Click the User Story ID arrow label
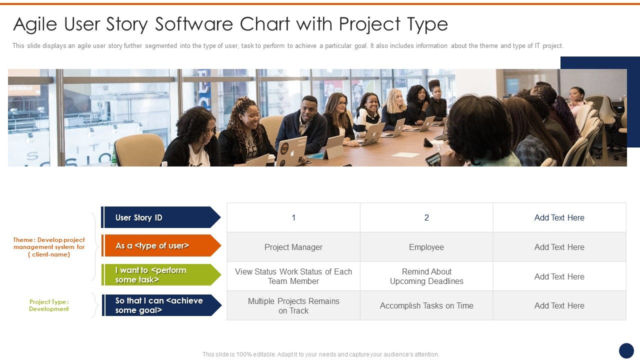(x=160, y=217)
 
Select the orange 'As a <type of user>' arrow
(x=160, y=246)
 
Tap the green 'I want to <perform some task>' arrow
(x=160, y=275)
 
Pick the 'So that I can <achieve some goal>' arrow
(x=160, y=305)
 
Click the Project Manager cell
(x=293, y=247)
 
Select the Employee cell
(x=426, y=247)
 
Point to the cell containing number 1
(x=293, y=217)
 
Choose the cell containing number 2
(x=426, y=217)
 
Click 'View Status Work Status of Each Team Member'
(x=293, y=276)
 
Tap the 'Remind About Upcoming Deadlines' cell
(x=426, y=276)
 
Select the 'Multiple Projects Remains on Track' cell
(x=293, y=305)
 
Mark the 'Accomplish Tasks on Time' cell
(x=426, y=305)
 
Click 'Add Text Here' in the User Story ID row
(x=559, y=217)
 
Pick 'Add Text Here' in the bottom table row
(x=559, y=305)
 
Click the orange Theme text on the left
(x=49, y=247)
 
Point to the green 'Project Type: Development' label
(x=49, y=305)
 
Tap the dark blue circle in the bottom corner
(x=626, y=350)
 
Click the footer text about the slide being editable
(x=320, y=354)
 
